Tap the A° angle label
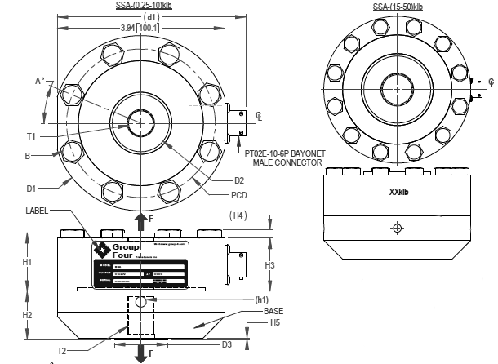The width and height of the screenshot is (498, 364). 39,82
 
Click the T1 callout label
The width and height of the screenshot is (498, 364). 31,136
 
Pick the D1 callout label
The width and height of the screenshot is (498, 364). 31,189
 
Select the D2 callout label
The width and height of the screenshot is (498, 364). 239,180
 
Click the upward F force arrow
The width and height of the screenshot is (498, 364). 141,220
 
